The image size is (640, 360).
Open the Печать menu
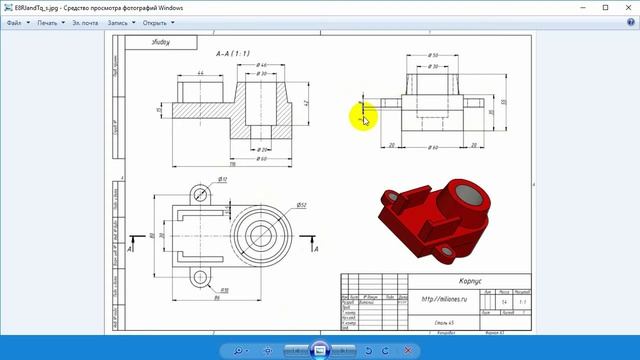click(50, 21)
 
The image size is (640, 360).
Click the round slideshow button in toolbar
click(319, 350)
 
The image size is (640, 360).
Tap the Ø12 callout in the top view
click(222, 179)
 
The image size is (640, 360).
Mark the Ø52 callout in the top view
click(301, 205)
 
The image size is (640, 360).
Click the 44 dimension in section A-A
click(188, 73)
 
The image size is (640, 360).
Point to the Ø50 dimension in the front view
click(433, 56)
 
